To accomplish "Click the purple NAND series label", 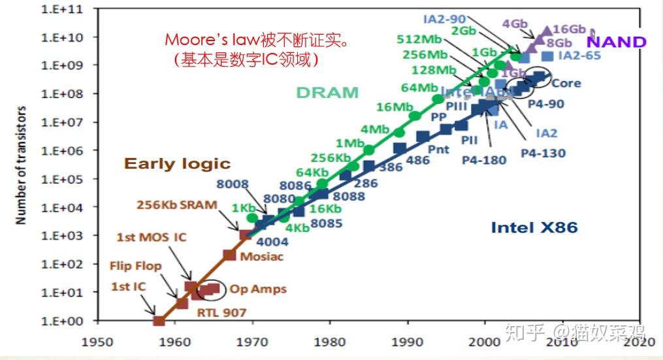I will [x=616, y=42].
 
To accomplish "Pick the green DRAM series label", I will [x=327, y=93].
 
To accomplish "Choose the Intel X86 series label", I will [x=534, y=227].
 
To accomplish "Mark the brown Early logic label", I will [x=178, y=163].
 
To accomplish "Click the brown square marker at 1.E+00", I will [x=159, y=321].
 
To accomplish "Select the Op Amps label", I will [x=260, y=289].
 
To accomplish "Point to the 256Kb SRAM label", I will [x=176, y=205].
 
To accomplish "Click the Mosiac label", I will [x=261, y=256].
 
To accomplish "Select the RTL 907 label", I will [x=221, y=312].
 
